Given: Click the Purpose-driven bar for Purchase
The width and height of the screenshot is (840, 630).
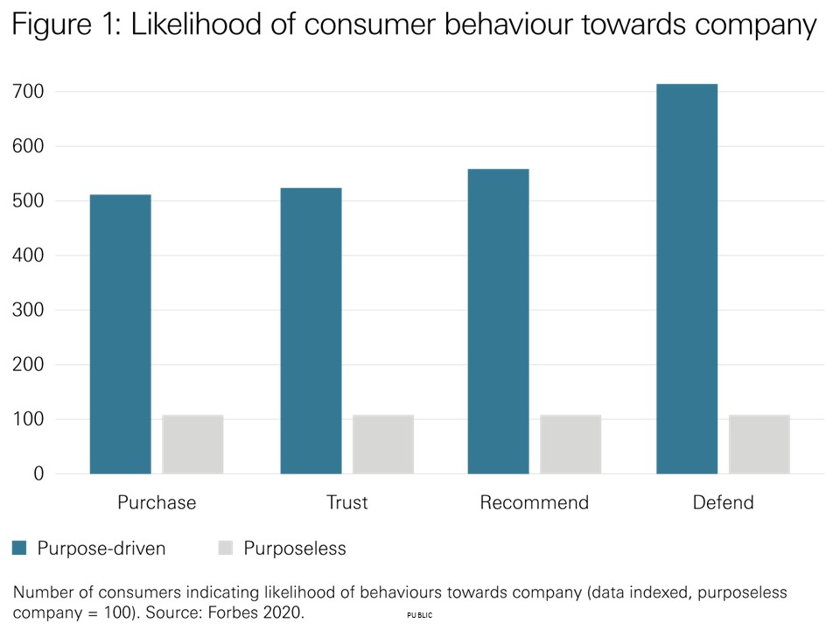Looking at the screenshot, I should click(120, 333).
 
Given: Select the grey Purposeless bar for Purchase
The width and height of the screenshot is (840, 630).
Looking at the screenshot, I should click(192, 444).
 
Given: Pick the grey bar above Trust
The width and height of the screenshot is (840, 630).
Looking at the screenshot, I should click(383, 444).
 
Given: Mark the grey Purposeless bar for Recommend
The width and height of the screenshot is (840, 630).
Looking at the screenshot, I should click(570, 444).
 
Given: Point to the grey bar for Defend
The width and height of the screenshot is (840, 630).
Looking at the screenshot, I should click(759, 444).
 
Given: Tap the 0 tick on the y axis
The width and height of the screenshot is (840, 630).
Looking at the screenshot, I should click(38, 474).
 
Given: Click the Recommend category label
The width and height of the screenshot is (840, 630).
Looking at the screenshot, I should click(534, 503).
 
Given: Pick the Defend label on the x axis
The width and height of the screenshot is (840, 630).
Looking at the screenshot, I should click(723, 503).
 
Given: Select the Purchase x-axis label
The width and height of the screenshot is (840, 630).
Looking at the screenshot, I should click(157, 503).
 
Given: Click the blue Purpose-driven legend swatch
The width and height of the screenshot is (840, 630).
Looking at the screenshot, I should click(19, 549).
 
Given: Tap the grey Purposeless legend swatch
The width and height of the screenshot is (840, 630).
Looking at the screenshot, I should click(226, 549).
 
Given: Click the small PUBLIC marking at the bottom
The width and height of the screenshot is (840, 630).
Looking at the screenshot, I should click(420, 616).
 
